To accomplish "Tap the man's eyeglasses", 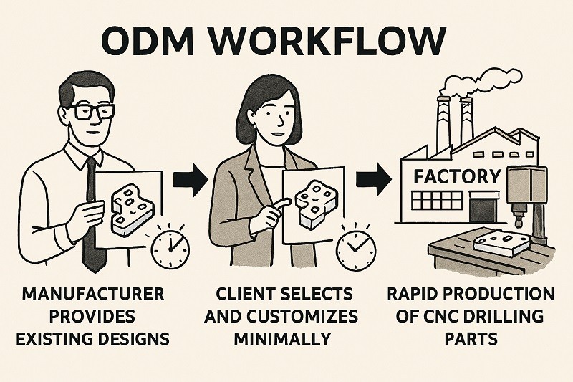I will [x=92, y=111].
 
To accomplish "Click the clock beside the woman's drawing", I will [x=355, y=248].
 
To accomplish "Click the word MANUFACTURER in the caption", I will [x=93, y=295].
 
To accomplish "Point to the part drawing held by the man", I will [x=129, y=204].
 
